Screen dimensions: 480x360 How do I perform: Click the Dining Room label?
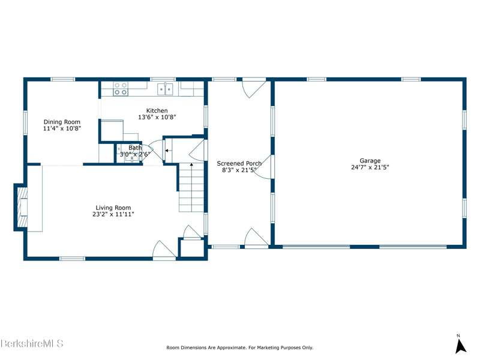[x=62, y=122]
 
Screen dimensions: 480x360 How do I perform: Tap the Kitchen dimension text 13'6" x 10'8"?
[x=157, y=117]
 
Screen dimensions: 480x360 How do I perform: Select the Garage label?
[x=370, y=160]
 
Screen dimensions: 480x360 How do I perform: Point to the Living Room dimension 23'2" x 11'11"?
[x=113, y=214]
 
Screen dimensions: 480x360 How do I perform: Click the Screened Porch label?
[x=239, y=163]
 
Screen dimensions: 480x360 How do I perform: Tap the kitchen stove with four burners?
[x=121, y=89]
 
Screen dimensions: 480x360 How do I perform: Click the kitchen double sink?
[x=166, y=89]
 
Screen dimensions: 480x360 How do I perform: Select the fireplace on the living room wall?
[x=21, y=207]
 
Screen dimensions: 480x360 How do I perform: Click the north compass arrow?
[x=460, y=347]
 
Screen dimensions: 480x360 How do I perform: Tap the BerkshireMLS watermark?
[x=32, y=343]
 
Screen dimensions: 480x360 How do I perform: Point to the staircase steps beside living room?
[x=191, y=187]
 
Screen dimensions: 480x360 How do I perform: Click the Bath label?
[x=135, y=148]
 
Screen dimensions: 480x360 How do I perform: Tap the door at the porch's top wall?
[x=254, y=88]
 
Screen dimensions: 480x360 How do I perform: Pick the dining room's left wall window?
[x=25, y=122]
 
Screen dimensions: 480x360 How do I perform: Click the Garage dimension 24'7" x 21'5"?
[x=370, y=167]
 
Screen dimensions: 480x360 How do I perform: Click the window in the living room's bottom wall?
[x=72, y=259]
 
